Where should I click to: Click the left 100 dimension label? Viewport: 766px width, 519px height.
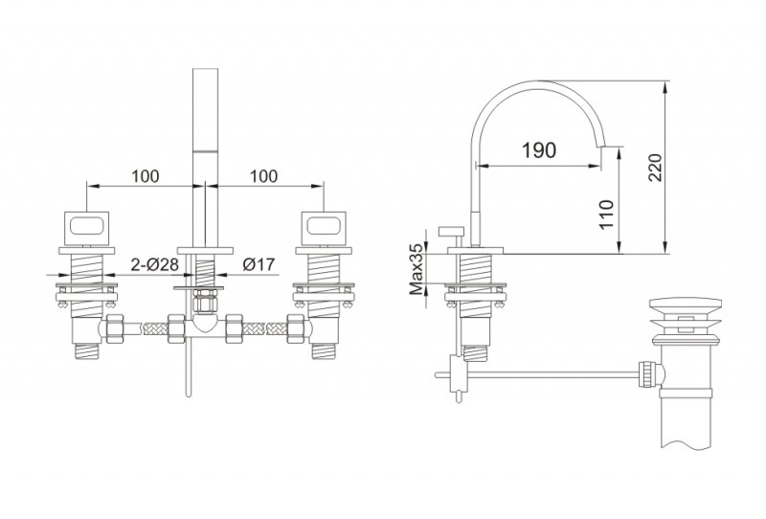tap(146, 176)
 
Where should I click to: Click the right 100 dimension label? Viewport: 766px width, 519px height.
tap(264, 176)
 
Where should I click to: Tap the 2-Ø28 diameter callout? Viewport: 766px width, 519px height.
tap(154, 264)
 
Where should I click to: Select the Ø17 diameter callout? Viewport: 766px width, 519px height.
tap(259, 264)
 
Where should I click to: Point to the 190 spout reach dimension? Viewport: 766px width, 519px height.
tap(539, 150)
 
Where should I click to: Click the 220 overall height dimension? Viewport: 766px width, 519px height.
tap(655, 168)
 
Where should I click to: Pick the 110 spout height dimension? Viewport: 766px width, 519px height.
tap(606, 214)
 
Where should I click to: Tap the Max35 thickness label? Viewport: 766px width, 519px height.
tap(417, 270)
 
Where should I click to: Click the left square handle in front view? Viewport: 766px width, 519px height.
tap(86, 227)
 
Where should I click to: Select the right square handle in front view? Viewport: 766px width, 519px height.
tap(324, 227)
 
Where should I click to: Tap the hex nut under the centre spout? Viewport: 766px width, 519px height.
tap(206, 301)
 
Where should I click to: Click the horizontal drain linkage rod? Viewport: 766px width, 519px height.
tap(552, 375)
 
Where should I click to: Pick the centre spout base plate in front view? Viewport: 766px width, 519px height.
tap(206, 251)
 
